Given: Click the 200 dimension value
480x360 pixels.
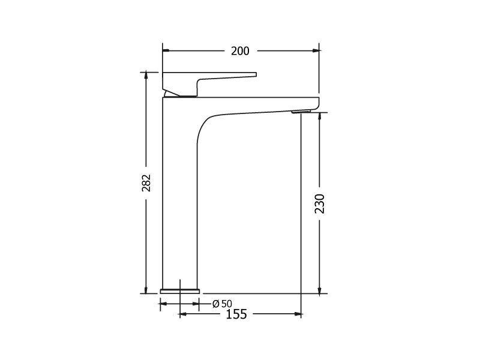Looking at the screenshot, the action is pyautogui.click(x=240, y=51).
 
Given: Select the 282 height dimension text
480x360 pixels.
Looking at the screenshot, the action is pyautogui.click(x=146, y=183).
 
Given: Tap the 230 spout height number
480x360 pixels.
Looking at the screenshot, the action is pyautogui.click(x=320, y=203).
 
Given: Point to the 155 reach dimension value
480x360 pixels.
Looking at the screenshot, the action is pyautogui.click(x=236, y=314).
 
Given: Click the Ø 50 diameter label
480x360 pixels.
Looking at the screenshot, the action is pyautogui.click(x=222, y=304).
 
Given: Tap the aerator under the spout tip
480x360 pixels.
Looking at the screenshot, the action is pyautogui.click(x=301, y=112).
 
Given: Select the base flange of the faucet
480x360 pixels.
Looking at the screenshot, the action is pyautogui.click(x=179, y=291).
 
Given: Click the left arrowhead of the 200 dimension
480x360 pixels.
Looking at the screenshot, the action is pyautogui.click(x=166, y=51).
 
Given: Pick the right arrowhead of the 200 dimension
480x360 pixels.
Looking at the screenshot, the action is pyautogui.click(x=316, y=51).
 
